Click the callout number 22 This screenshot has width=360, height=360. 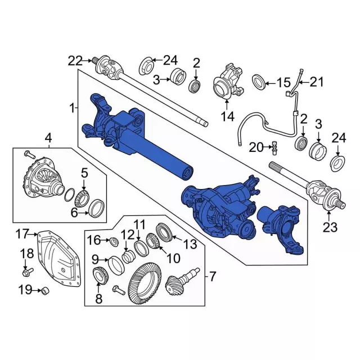pyautogui.click(x=75, y=61)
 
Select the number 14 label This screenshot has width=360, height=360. pyautogui.click(x=227, y=116)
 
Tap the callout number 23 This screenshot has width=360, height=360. pyautogui.click(x=330, y=227)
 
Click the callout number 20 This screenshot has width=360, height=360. pyautogui.click(x=256, y=147)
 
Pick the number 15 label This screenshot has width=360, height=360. pyautogui.click(x=283, y=83)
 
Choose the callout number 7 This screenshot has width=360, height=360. pyautogui.click(x=213, y=276)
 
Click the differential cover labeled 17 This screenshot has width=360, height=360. pyautogui.click(x=59, y=259)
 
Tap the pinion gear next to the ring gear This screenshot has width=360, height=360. pyautogui.click(x=181, y=281)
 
